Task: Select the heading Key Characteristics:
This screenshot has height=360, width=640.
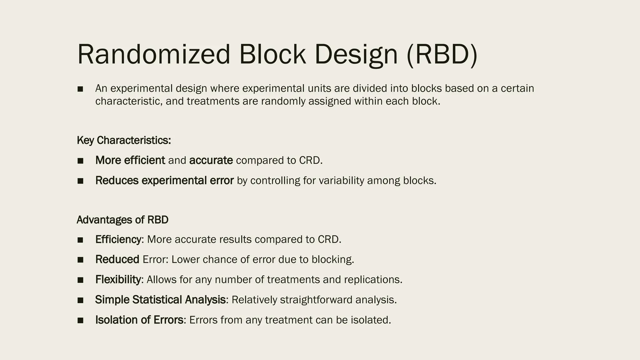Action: point(124,140)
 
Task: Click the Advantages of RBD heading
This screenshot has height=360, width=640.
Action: point(122,220)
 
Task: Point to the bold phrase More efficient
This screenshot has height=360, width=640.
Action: point(130,160)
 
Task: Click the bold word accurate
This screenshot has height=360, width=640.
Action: point(211,160)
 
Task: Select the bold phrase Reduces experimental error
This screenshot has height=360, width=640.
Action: point(164,180)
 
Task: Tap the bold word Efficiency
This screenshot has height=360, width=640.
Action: point(118,239)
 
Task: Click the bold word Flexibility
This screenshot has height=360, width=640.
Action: point(118,279)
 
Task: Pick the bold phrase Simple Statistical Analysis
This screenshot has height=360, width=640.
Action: point(160,300)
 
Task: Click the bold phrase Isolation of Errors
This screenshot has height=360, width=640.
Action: point(139,320)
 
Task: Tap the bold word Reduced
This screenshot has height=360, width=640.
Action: point(117,259)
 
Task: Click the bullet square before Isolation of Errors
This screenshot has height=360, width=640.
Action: point(80,320)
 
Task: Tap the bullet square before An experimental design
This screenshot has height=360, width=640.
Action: point(80,89)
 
